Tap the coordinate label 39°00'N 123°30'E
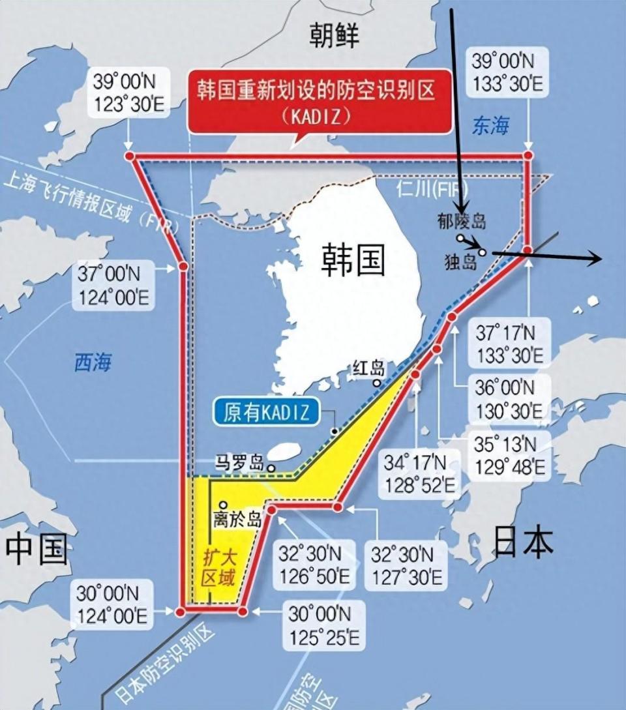click(129, 93)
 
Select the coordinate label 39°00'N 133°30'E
click(501, 73)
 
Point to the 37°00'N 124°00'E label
click(114, 286)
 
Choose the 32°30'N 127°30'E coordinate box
click(406, 566)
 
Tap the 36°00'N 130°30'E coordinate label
click(508, 400)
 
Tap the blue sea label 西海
click(93, 362)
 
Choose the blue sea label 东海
click(490, 126)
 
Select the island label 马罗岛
click(239, 465)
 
